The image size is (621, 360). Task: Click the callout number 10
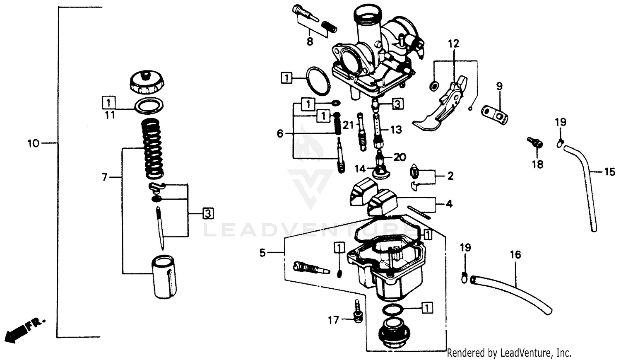pos(33,144)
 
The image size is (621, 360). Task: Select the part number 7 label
pos(105,177)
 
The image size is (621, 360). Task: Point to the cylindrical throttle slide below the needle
pos(164,277)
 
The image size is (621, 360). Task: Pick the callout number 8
pos(310,41)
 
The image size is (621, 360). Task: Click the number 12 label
pos(453,43)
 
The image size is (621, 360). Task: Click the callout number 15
pos(609,172)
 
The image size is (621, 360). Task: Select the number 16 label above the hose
pos(515,254)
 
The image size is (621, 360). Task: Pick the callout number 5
pos(262,253)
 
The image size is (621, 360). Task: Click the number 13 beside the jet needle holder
pos(396,130)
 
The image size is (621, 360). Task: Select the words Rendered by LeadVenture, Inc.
pos(509,353)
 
